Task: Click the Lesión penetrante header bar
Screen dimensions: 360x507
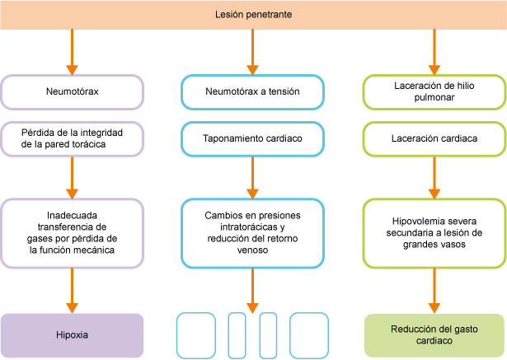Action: pos(253,15)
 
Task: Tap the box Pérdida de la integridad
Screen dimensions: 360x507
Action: pos(72,138)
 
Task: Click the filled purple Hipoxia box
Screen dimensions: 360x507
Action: pos(72,334)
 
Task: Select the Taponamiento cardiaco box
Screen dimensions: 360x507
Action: pos(252,138)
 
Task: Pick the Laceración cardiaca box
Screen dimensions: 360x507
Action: pos(434,138)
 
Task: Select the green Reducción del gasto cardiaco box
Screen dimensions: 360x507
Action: pos(434,334)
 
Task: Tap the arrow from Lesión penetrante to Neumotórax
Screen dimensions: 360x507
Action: pos(72,52)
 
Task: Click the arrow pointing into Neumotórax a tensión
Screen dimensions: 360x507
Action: pos(252,52)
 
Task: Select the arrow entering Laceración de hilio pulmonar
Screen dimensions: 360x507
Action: pos(434,52)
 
